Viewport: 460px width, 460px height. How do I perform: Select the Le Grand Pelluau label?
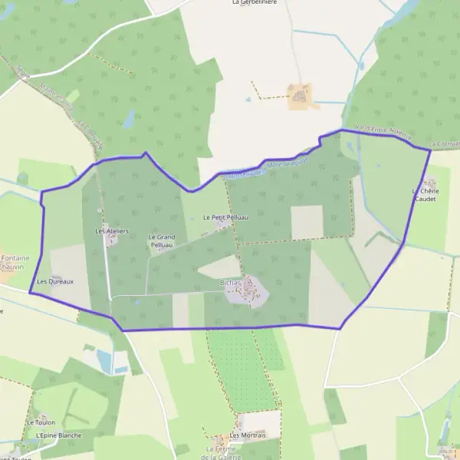tap(161, 241)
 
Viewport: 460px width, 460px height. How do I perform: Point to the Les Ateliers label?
tap(111, 231)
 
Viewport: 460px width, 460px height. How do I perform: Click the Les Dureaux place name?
tap(55, 281)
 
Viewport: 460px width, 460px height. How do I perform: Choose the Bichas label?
tap(231, 283)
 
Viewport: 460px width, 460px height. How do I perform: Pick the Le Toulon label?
tap(41, 422)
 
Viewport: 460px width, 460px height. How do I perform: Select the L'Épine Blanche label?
tap(58, 435)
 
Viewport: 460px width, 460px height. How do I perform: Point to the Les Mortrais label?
tap(248, 435)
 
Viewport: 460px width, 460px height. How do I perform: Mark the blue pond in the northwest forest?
tap(129, 118)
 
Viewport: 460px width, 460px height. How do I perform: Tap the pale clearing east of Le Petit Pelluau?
tap(307, 222)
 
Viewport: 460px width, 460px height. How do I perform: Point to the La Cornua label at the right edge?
tap(445, 144)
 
